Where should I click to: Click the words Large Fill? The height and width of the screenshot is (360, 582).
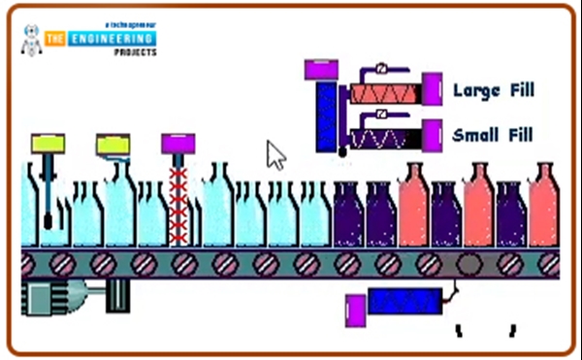tap(494, 90)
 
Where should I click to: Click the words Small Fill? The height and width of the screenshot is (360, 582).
tap(494, 134)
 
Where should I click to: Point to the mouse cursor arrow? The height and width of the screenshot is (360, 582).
tap(275, 152)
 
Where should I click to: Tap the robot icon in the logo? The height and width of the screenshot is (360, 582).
tap(31, 38)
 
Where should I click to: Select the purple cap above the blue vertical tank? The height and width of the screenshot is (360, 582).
tap(321, 70)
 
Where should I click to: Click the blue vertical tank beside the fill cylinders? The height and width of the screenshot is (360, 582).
tap(327, 115)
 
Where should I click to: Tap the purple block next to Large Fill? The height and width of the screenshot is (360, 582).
tap(433, 89)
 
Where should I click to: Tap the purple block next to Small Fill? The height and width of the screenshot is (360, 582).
tap(433, 134)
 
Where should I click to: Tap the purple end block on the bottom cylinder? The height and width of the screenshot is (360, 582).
tap(355, 310)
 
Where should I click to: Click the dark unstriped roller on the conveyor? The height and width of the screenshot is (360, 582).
tap(468, 264)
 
